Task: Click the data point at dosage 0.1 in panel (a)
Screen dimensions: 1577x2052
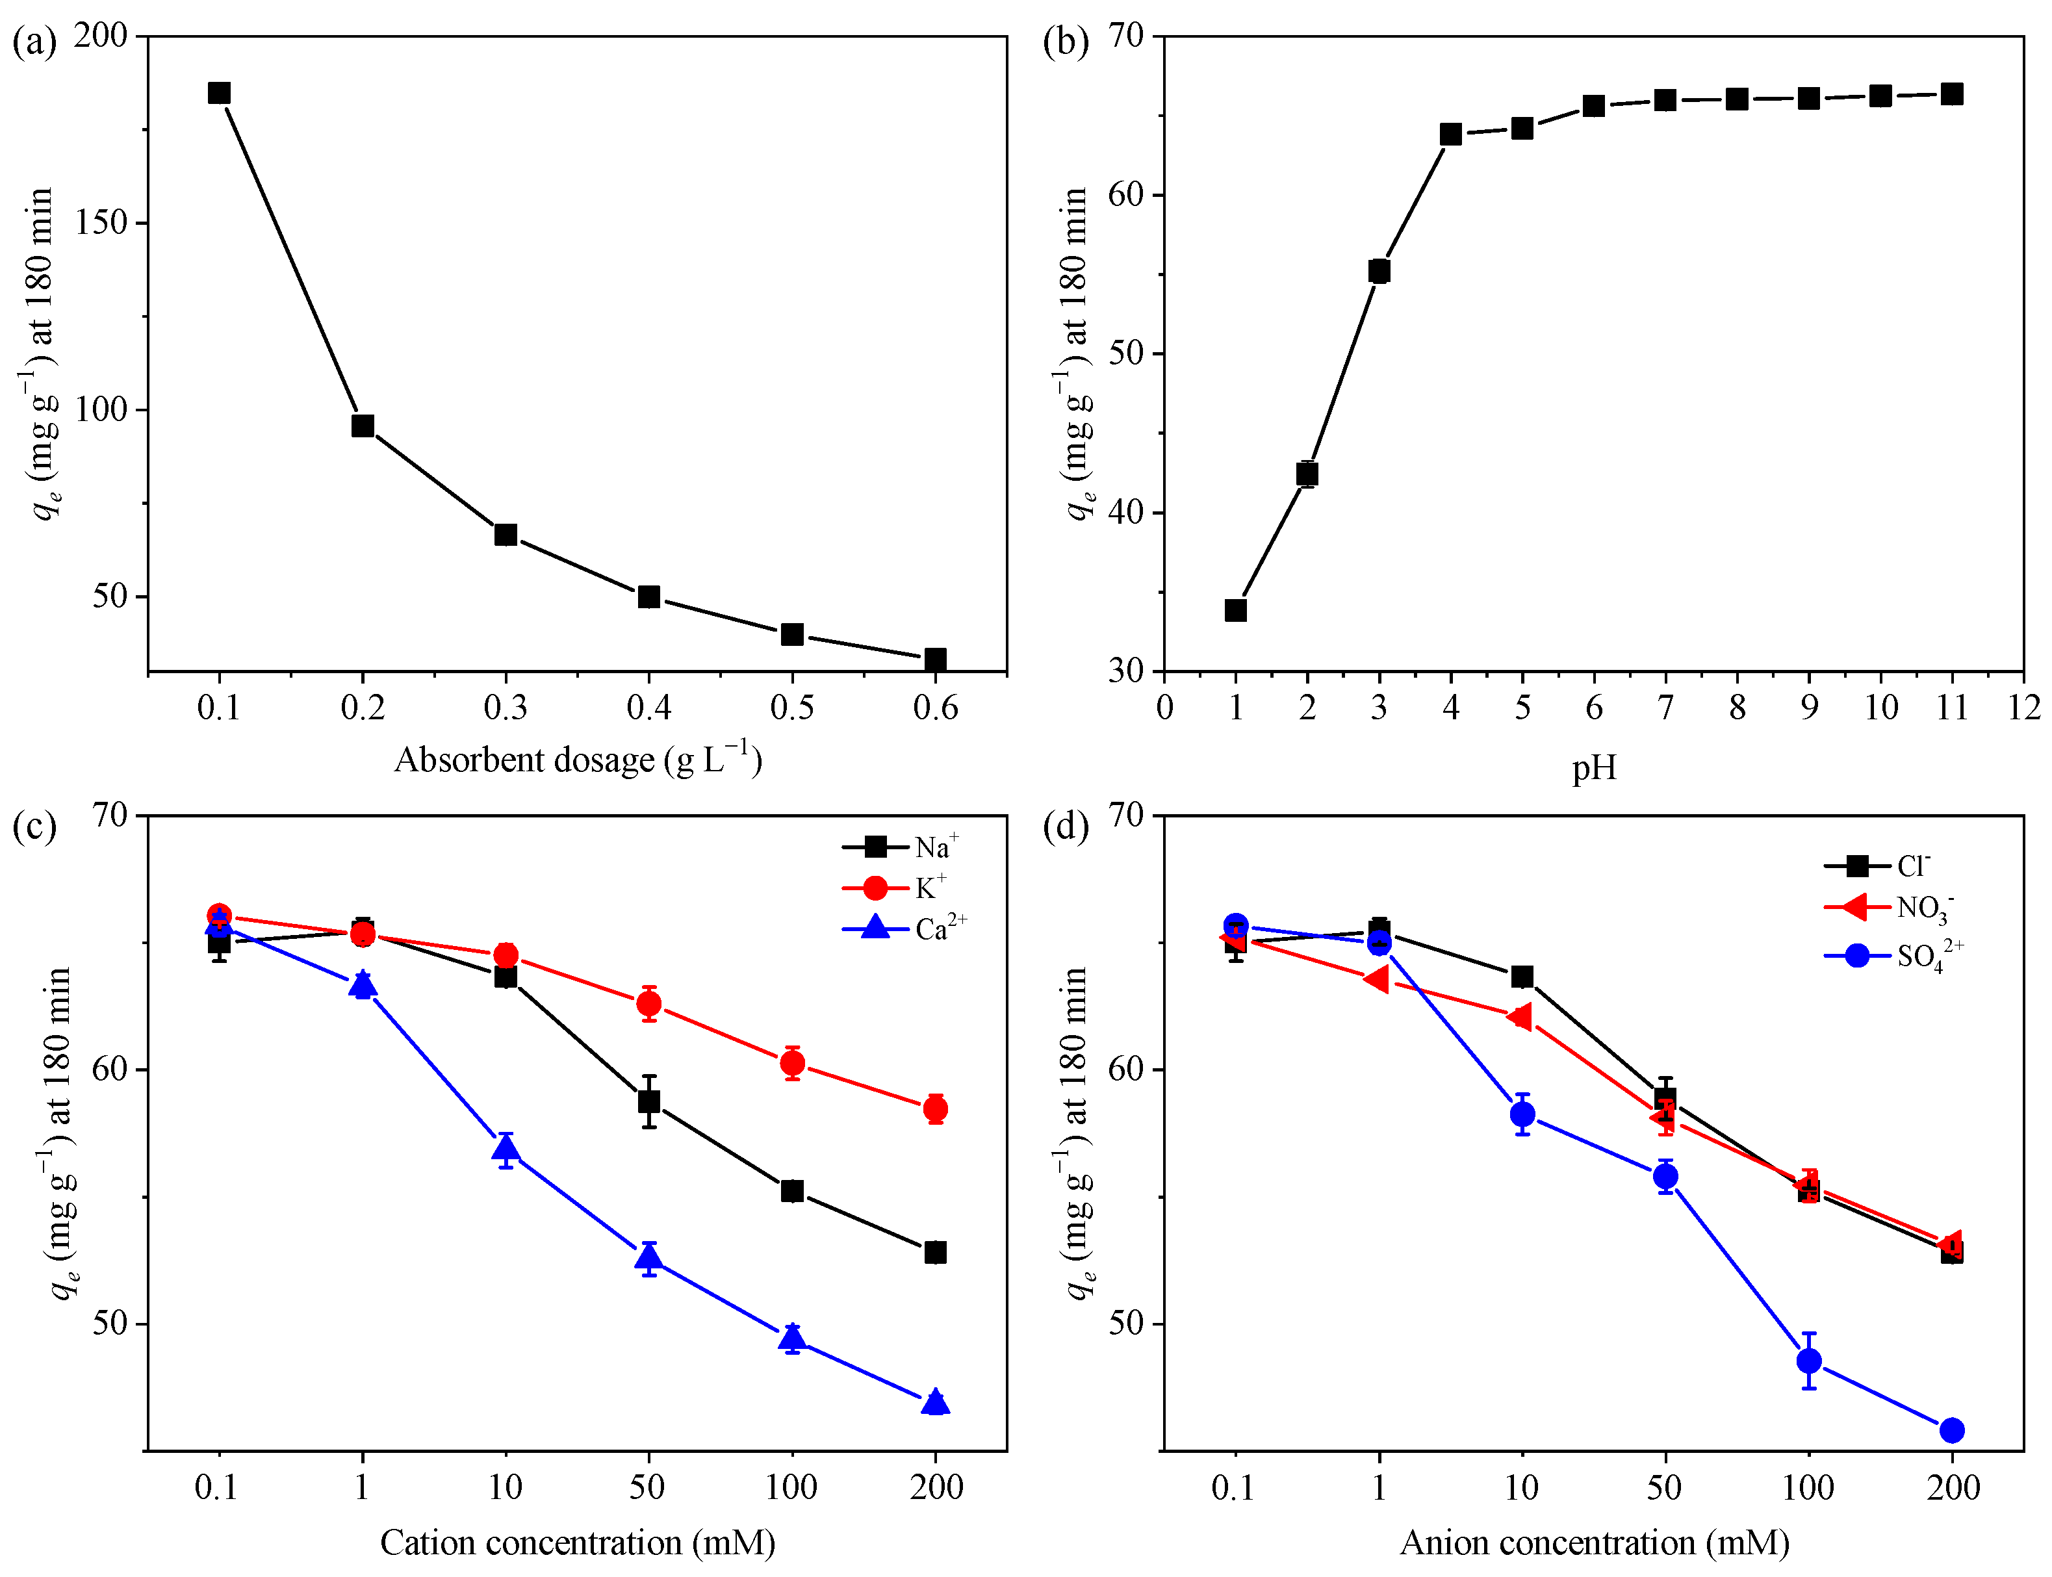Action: (219, 93)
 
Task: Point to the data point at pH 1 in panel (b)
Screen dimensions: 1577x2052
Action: (1235, 610)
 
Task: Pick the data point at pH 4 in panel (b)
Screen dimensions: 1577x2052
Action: (1450, 135)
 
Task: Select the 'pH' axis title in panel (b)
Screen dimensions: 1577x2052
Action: (1594, 768)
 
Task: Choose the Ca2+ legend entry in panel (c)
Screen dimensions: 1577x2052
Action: (905, 929)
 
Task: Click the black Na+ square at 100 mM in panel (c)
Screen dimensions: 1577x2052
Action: (791, 1190)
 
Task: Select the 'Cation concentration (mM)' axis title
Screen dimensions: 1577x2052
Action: (576, 1543)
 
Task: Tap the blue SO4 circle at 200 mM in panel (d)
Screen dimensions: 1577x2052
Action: (1951, 1430)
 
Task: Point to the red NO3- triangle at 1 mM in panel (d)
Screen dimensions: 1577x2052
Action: (1376, 980)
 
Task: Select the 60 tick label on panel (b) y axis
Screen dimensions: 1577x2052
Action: (1127, 194)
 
